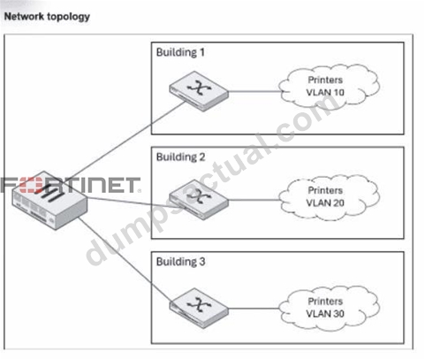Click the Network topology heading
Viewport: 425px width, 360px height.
click(x=47, y=17)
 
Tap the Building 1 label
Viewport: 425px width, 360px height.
click(x=180, y=52)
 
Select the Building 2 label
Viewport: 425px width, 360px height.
click(x=180, y=157)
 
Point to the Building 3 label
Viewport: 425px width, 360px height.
click(x=180, y=262)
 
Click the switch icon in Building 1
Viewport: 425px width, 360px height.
click(x=199, y=91)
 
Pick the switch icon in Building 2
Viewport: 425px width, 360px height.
click(x=199, y=199)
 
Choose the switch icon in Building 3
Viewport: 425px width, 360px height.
click(x=199, y=308)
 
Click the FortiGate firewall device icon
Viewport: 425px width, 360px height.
click(x=49, y=201)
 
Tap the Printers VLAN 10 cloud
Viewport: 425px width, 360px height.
click(x=329, y=86)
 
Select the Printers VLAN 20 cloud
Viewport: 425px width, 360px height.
click(x=329, y=197)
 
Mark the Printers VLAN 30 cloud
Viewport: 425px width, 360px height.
click(x=329, y=308)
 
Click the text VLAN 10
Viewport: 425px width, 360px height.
click(x=325, y=93)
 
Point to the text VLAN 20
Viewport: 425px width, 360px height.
click(x=325, y=203)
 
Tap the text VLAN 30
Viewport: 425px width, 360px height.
click(x=325, y=314)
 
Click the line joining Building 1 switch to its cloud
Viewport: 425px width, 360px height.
click(x=254, y=91)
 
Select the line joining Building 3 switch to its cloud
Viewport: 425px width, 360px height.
click(x=254, y=309)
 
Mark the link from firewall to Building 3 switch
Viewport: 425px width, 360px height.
click(x=125, y=260)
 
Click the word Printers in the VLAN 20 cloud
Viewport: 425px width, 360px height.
click(x=325, y=190)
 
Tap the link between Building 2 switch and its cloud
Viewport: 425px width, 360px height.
click(x=254, y=200)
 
